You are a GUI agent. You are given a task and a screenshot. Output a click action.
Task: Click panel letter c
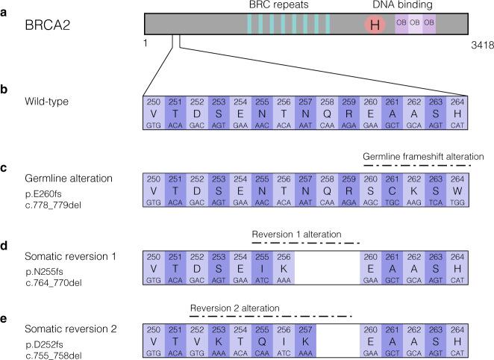pos(4,167)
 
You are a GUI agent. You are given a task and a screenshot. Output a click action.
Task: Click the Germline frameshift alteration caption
pos(424,156)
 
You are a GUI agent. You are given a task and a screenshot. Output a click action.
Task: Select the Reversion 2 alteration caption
pos(234,307)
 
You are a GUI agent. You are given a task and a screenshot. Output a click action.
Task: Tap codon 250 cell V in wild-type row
pos(154,114)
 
